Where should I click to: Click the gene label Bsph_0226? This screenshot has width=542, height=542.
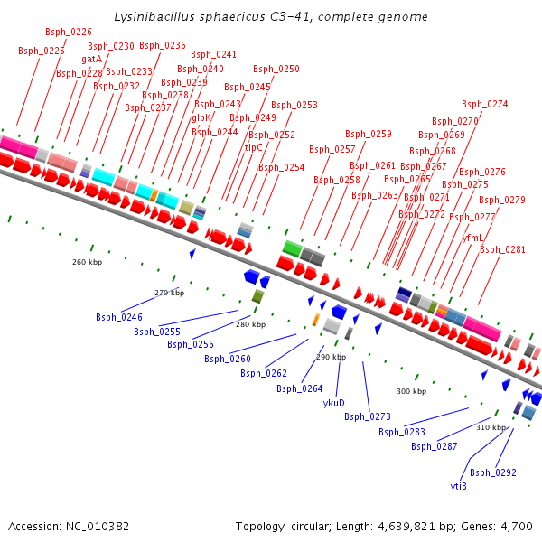[69, 32]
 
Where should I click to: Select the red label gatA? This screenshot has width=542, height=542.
[92, 60]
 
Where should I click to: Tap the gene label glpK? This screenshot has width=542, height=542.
[201, 117]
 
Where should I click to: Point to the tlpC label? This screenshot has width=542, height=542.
[254, 147]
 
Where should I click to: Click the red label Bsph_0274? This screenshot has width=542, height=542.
[485, 104]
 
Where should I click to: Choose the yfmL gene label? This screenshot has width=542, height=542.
[472, 238]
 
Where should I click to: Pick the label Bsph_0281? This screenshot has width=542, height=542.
[502, 249]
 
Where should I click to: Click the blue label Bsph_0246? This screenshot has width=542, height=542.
[119, 317]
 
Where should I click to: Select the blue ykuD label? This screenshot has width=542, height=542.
[334, 403]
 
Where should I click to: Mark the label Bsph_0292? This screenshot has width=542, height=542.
[493, 472]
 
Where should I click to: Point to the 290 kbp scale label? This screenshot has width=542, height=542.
[332, 357]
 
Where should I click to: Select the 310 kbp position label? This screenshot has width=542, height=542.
[492, 427]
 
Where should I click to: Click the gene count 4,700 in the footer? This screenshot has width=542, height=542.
[517, 526]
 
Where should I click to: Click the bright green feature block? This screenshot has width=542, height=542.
[292, 248]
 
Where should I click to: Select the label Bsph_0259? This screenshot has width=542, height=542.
[369, 134]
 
